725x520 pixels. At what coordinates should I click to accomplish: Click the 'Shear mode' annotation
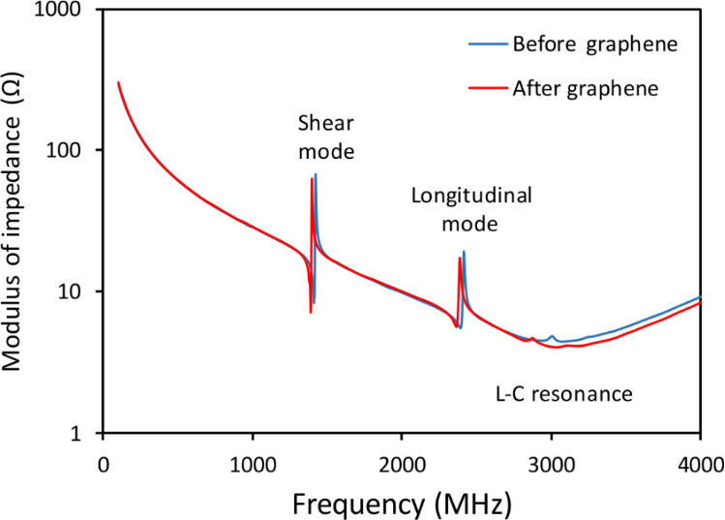tap(326, 138)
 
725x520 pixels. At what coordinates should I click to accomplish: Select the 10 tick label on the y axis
tap(79, 292)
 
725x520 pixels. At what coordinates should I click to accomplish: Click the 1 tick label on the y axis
tap(85, 433)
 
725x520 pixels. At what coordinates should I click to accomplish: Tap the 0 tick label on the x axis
tap(104, 462)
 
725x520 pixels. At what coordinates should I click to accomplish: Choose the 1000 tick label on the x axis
tap(253, 462)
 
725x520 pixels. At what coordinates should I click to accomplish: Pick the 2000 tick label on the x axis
tap(402, 462)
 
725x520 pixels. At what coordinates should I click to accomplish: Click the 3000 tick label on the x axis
tap(551, 462)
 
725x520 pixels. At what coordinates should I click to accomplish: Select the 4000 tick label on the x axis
tap(700, 462)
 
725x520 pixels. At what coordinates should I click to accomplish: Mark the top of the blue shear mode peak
tap(316, 175)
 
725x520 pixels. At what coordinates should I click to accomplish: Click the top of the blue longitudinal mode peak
tap(464, 252)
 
